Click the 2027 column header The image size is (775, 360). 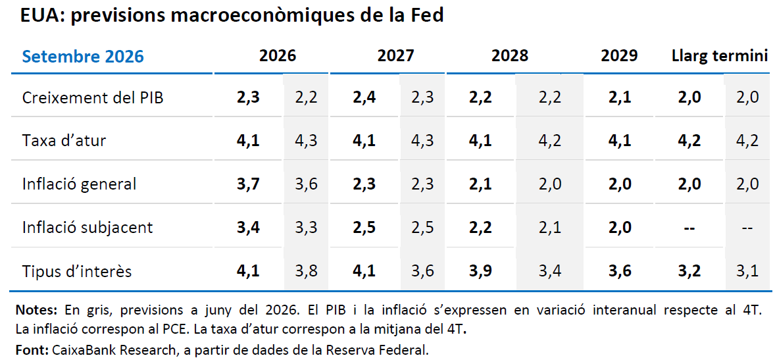[x=396, y=56]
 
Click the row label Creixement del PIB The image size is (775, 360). [x=93, y=97]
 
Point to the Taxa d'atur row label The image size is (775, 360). [x=64, y=140]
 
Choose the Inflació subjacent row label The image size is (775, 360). [x=87, y=228]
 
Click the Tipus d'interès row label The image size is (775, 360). [x=77, y=271]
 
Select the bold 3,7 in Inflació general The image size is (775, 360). [x=248, y=184]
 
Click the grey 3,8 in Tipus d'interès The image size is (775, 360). [x=306, y=271]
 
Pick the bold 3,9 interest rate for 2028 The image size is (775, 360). [x=480, y=271]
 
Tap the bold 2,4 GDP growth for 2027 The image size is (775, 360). [x=364, y=97]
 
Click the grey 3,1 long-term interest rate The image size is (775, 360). [x=747, y=271]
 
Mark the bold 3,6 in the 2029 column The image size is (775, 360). [x=619, y=271]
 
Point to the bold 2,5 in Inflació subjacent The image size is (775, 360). [x=364, y=228]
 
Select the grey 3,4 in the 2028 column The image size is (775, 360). [x=550, y=271]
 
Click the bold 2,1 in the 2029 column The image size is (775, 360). [x=619, y=97]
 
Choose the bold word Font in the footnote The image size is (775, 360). [x=32, y=350]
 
